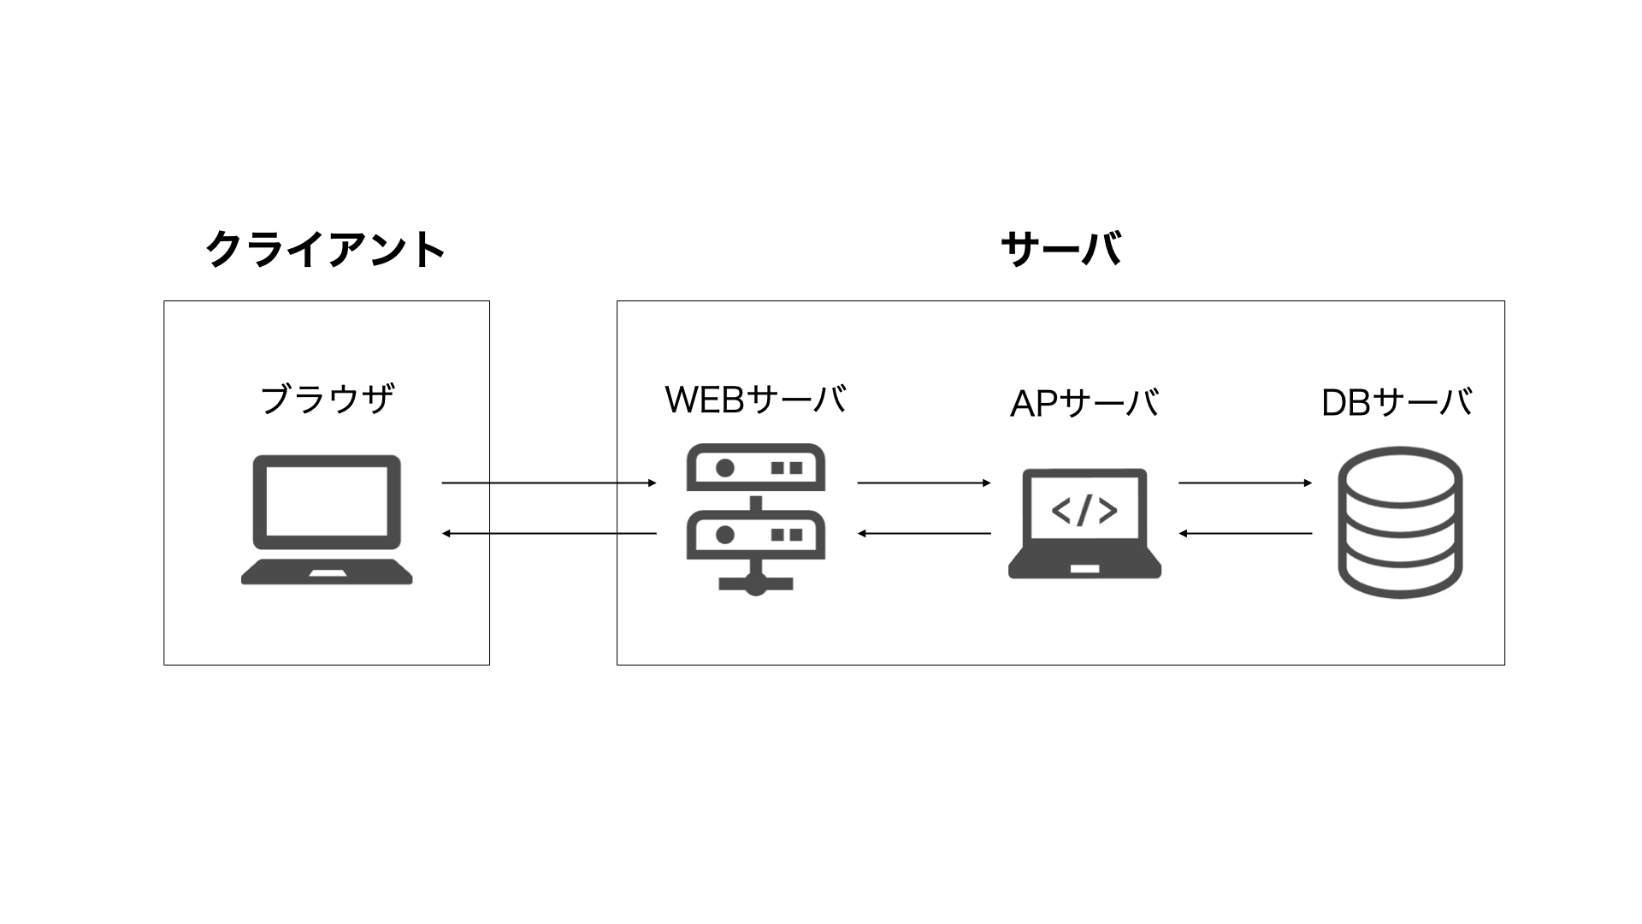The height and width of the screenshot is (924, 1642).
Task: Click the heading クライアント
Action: [x=326, y=249]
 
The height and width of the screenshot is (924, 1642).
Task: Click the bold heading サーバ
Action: [x=1060, y=249]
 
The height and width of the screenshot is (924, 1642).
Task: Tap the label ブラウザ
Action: [x=327, y=399]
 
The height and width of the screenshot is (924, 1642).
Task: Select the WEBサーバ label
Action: [x=755, y=400]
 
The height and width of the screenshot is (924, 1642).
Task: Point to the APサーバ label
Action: [x=1084, y=403]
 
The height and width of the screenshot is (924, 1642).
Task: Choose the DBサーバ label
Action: [x=1397, y=402]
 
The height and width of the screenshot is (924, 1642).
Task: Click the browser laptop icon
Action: [x=327, y=519]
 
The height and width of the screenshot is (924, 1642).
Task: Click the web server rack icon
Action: [x=755, y=519]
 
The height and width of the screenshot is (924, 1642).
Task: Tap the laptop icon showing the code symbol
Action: [x=1084, y=524]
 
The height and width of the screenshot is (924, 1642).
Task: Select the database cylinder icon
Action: [x=1400, y=522]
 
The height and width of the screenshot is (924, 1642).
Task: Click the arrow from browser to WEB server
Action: [x=549, y=483]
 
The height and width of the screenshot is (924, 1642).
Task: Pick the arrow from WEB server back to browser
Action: [x=549, y=534]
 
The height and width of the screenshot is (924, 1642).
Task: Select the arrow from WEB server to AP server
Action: [x=924, y=483]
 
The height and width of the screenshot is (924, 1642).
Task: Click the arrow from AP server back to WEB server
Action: [x=924, y=534]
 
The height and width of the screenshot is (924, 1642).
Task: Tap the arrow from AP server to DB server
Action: [x=1245, y=483]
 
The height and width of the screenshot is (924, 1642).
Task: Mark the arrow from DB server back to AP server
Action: [x=1245, y=534]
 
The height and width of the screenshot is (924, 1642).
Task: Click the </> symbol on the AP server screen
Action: [x=1084, y=511]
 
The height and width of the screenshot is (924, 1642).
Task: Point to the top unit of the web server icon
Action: [x=755, y=467]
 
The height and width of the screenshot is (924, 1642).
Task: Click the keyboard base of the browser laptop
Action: [x=327, y=572]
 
